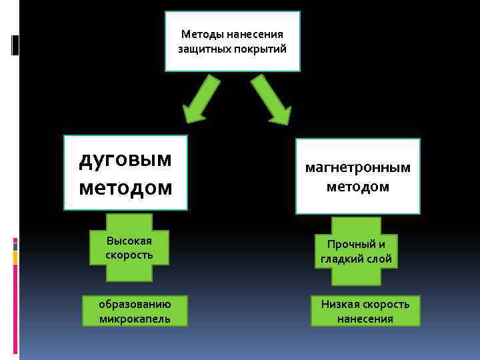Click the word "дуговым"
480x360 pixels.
(125, 159)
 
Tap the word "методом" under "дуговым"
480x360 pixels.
(125, 188)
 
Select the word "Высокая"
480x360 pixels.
(129, 241)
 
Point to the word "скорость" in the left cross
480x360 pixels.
(129, 255)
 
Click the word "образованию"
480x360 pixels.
(135, 304)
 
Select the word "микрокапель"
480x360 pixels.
(135, 319)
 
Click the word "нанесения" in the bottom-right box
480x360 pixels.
(365, 319)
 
